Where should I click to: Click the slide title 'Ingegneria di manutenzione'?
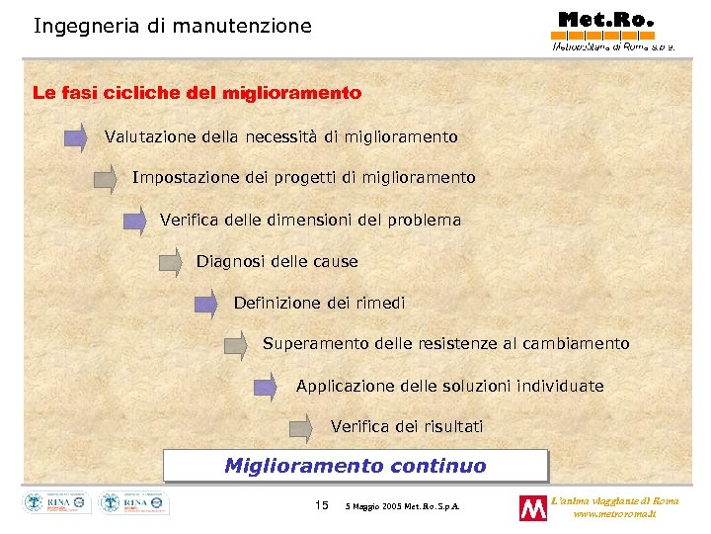click(172, 26)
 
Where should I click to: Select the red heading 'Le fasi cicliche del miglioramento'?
click(197, 93)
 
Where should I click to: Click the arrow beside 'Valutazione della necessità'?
click(76, 137)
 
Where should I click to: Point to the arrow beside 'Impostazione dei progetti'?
click(105, 179)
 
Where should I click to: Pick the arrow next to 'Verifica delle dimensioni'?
click(134, 221)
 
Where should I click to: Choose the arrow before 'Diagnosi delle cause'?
click(171, 263)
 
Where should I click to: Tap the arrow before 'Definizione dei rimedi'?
click(205, 304)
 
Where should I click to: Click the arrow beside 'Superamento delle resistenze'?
click(235, 345)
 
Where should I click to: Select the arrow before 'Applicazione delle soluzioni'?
click(266, 387)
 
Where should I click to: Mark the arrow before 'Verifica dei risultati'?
click(300, 427)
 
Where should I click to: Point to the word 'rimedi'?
click(380, 304)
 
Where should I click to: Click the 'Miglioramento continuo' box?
click(355, 466)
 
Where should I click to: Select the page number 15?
click(321, 505)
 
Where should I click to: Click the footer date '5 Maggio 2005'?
click(376, 506)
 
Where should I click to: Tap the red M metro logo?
click(533, 507)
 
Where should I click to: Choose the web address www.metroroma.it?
click(613, 514)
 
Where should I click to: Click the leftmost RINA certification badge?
click(57, 503)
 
